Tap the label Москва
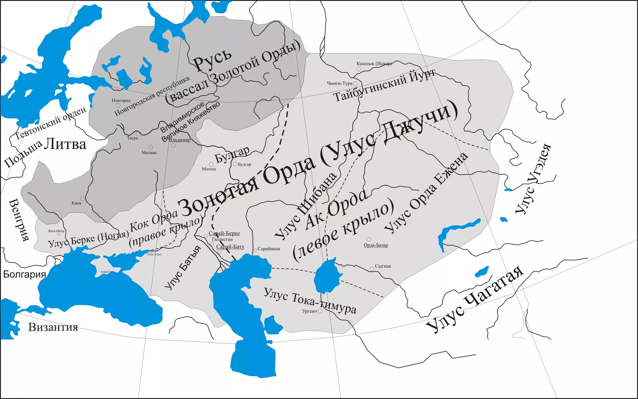pyautogui.click(x=149, y=153)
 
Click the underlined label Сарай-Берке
pyautogui.click(x=224, y=233)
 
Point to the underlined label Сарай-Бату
pyautogui.click(x=230, y=247)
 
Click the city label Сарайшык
pyautogui.click(x=269, y=249)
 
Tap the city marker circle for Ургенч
pyautogui.click(x=320, y=311)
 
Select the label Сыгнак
pyautogui.click(x=383, y=266)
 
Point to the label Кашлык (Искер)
pyautogui.click(x=374, y=64)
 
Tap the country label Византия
pyautogui.click(x=53, y=327)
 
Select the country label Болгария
pyautogui.click(x=25, y=274)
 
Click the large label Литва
pyautogui.click(x=65, y=145)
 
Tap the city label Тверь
pyautogui.click(x=132, y=138)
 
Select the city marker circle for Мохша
pyautogui.click(x=211, y=164)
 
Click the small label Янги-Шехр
pyautogui.click(x=56, y=231)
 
